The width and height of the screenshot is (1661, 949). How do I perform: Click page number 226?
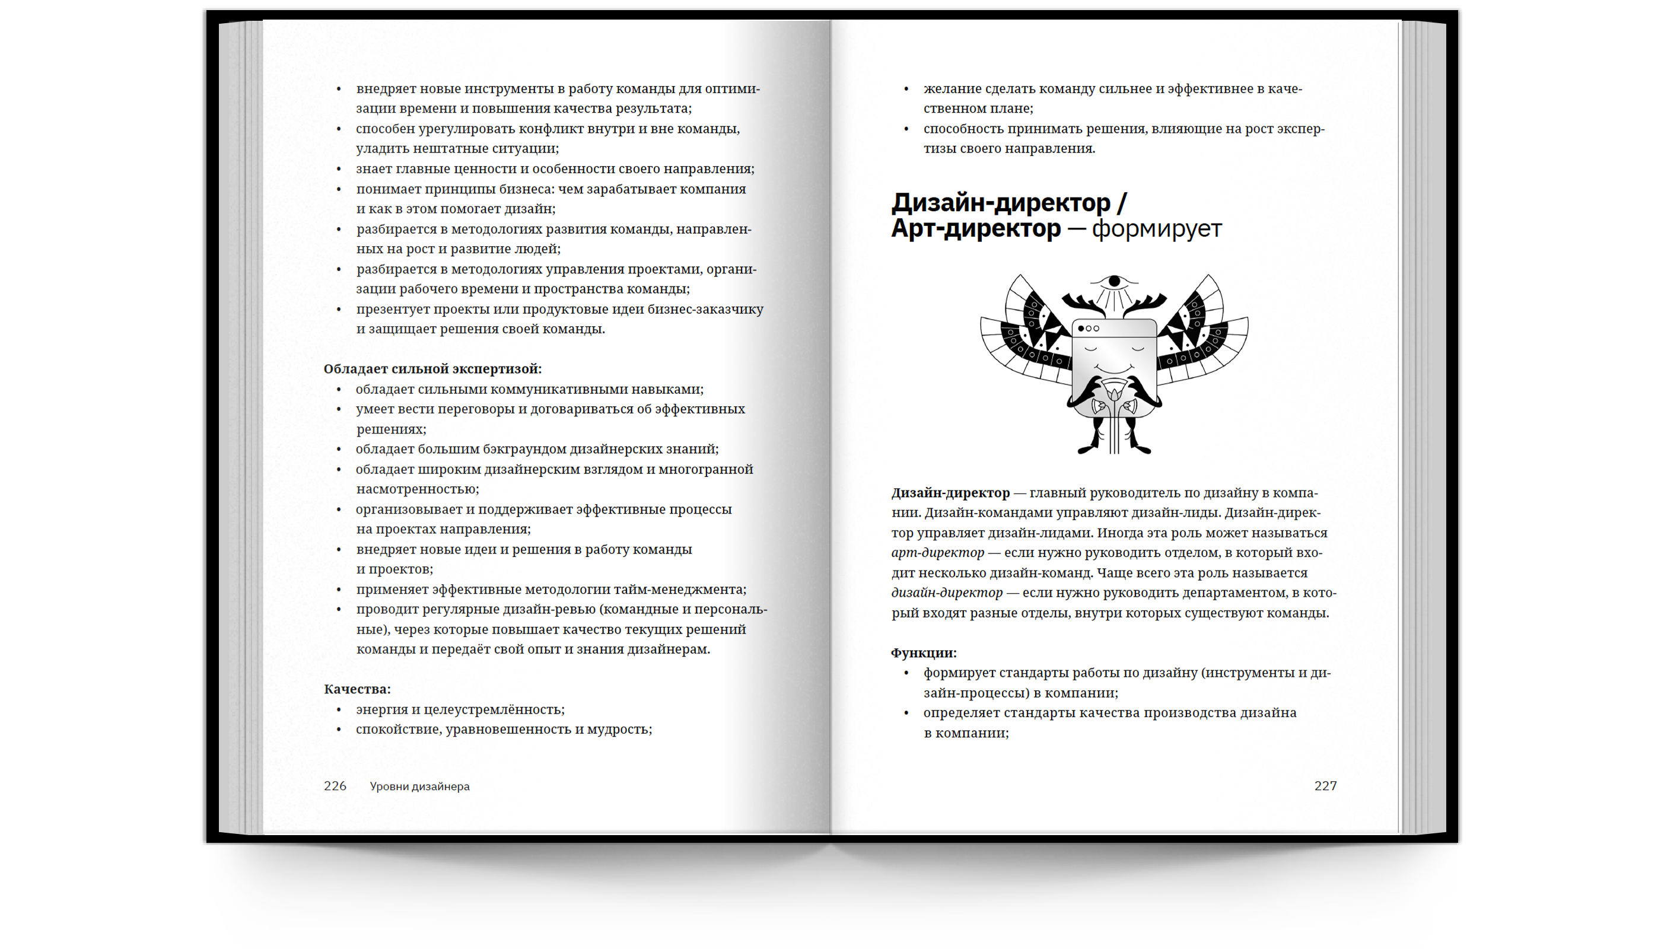[x=335, y=786]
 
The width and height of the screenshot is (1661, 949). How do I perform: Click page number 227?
[x=1325, y=786]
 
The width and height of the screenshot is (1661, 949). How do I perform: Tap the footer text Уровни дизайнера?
[x=419, y=786]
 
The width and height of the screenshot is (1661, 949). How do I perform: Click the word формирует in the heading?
[x=1156, y=229]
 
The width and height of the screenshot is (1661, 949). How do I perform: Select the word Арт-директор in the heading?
[x=976, y=229]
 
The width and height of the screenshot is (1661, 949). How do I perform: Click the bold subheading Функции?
[x=923, y=652]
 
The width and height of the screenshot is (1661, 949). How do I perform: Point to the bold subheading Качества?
[x=357, y=689]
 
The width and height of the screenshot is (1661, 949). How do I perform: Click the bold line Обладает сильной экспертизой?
[x=432, y=369]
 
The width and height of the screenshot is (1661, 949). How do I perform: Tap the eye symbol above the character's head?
[x=1114, y=282]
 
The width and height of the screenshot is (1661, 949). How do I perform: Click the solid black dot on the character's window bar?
[x=1081, y=329]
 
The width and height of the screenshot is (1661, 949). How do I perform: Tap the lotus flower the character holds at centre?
[x=1114, y=393]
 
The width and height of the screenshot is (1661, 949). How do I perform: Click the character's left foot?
[x=1087, y=448]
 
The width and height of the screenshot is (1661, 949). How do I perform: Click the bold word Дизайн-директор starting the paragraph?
[x=950, y=493]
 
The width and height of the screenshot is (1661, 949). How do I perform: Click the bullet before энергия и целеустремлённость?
[x=339, y=709]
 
